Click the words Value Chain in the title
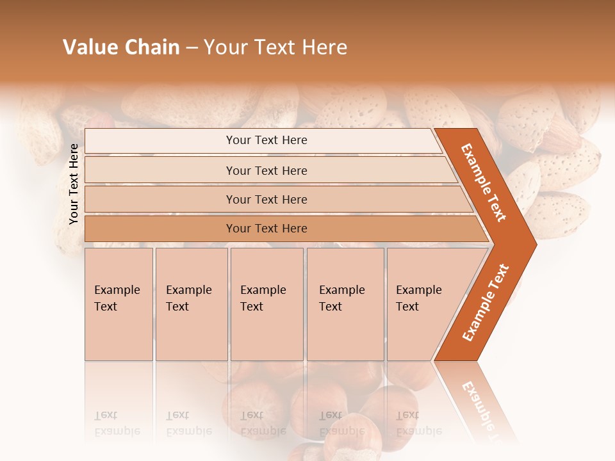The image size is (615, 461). [121, 47]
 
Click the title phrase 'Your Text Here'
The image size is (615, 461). [275, 47]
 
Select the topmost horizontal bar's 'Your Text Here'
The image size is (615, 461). [266, 140]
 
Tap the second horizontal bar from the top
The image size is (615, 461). [266, 170]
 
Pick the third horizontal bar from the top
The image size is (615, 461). [266, 200]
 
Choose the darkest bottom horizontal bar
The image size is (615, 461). [266, 229]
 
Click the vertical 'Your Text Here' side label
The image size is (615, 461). [74, 184]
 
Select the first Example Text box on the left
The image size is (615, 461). [118, 303]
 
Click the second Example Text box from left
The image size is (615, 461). [191, 303]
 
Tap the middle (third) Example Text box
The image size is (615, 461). [266, 303]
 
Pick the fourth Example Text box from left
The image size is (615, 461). [345, 303]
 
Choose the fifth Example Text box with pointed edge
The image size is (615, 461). [423, 303]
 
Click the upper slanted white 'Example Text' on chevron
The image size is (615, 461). [484, 182]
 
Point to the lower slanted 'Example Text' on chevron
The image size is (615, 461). [486, 302]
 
